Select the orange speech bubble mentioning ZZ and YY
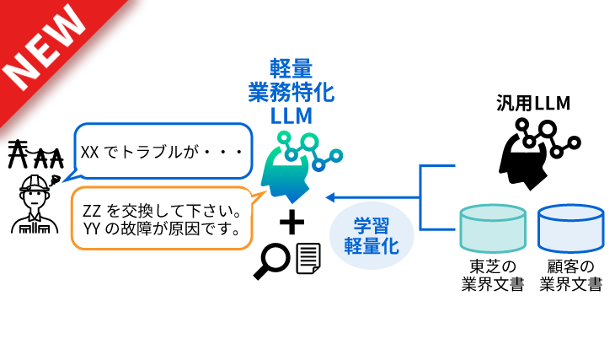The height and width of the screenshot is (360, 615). [160, 218]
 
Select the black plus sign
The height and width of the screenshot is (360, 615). [291, 222]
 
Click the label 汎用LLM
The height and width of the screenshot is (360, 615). [533, 103]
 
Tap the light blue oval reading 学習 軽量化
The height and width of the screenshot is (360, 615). [372, 235]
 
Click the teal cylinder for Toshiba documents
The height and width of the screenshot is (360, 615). [493, 228]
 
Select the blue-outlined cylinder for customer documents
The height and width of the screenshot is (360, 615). [571, 228]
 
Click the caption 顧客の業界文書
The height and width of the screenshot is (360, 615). [571, 275]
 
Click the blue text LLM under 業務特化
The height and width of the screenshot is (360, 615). [291, 115]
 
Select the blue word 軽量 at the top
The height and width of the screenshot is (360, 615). [291, 69]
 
